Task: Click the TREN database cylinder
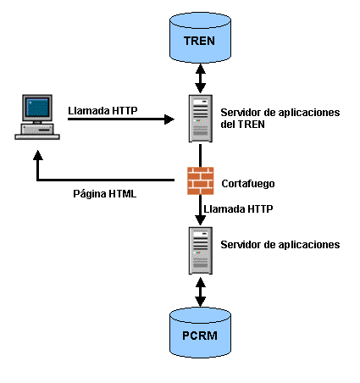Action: click(200, 40)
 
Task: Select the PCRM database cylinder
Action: click(200, 334)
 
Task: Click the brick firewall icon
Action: click(200, 180)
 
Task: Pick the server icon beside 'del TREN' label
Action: click(200, 119)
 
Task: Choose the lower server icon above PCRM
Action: click(200, 250)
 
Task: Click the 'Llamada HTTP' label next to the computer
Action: click(103, 108)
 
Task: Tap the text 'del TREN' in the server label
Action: click(243, 125)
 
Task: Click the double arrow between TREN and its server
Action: click(200, 79)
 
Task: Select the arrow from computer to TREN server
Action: click(119, 119)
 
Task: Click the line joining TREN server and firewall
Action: click(200, 154)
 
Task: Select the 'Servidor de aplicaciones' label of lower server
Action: click(280, 244)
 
